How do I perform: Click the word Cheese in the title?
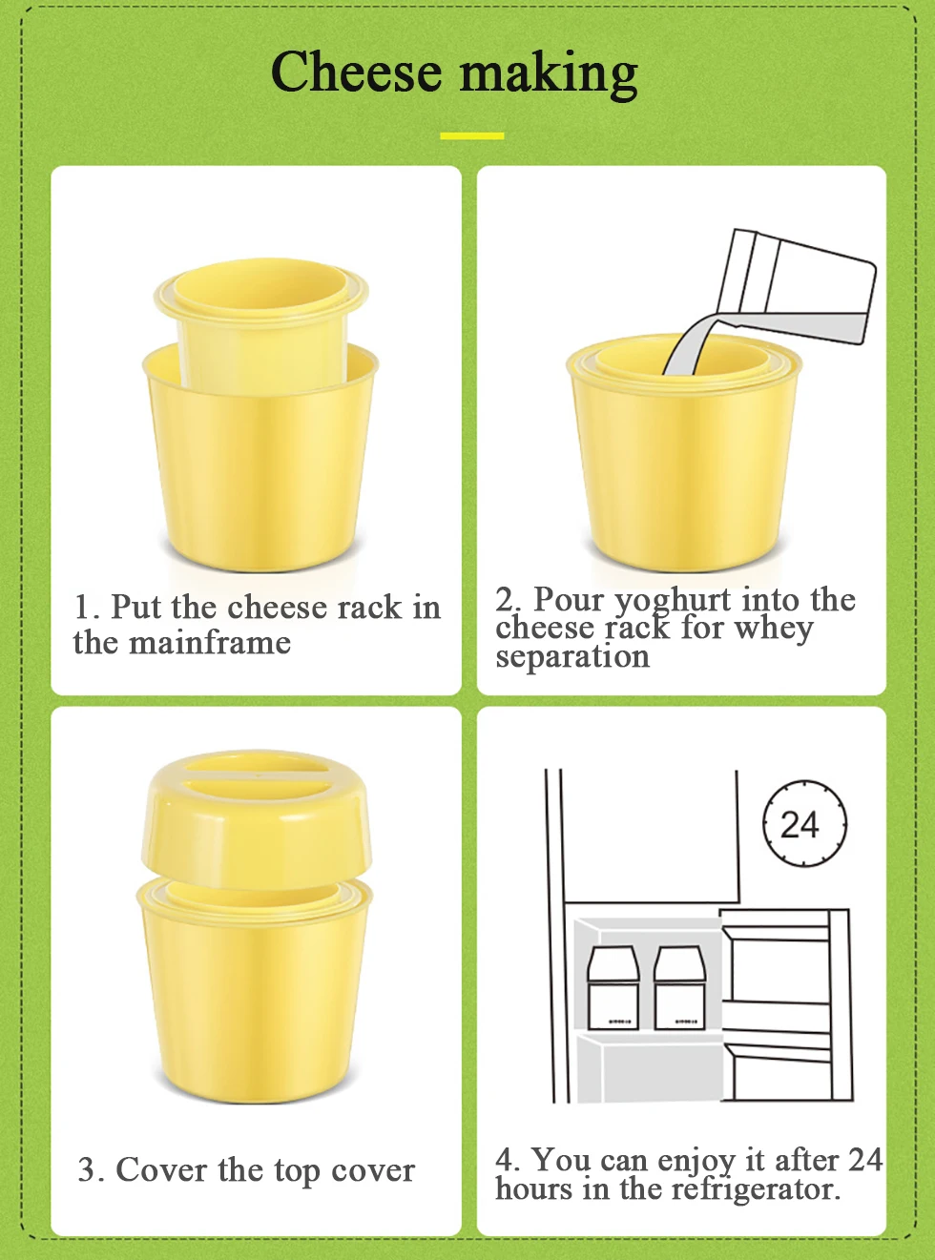pos(356,72)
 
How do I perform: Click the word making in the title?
pos(549,75)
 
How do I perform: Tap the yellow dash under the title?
pos(471,136)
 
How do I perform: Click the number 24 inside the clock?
pos(800,824)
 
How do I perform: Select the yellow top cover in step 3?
pos(257,819)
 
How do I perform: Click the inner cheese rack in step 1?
pos(261,323)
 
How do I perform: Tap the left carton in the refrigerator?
pos(613,988)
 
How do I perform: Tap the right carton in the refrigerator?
pos(680,988)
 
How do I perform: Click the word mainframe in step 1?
pos(210,643)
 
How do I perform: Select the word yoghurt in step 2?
pos(674,601)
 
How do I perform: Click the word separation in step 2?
pos(572,657)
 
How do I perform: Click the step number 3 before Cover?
pos(89,1170)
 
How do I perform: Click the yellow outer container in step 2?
pos(684,454)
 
